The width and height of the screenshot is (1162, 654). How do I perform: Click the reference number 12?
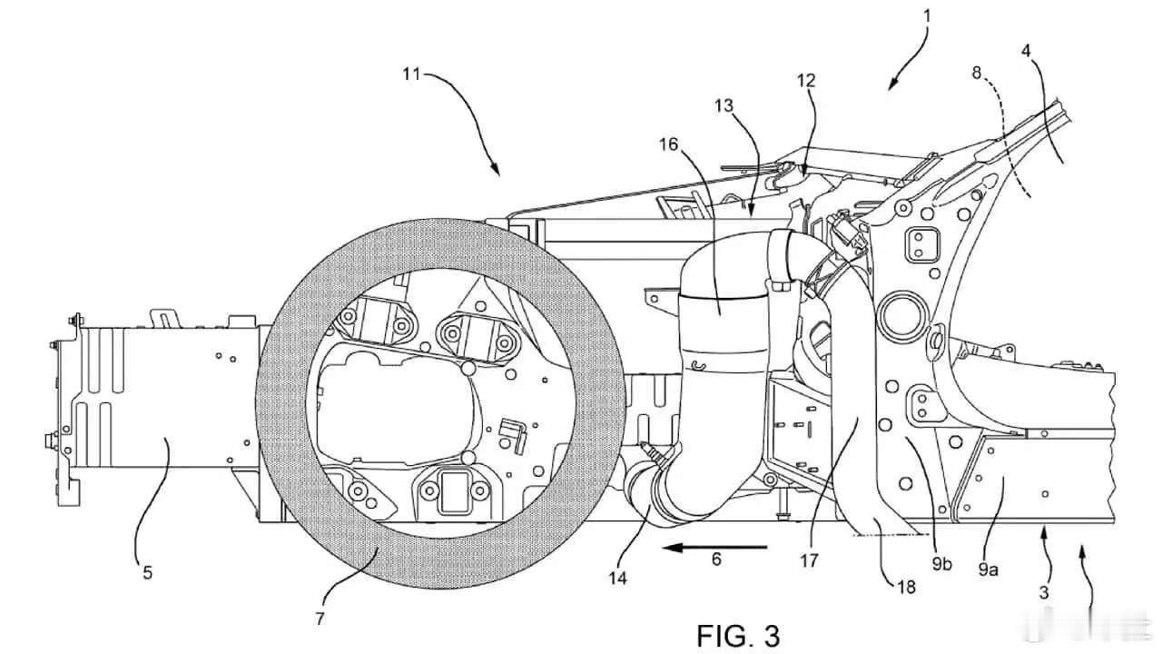click(806, 80)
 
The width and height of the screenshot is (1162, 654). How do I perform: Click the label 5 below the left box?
click(147, 572)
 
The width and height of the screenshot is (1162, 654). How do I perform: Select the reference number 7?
click(319, 619)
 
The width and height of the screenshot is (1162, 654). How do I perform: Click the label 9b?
click(940, 564)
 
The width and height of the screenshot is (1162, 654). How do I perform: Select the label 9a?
click(988, 570)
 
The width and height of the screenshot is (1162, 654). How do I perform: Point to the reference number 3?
click(1045, 591)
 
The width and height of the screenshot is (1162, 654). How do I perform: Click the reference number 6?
click(716, 560)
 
